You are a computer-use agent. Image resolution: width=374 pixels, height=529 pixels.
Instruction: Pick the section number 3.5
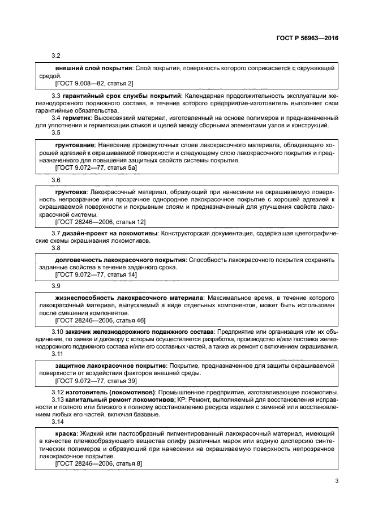click(x=56, y=132)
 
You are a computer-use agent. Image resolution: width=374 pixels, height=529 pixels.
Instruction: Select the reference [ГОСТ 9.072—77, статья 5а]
click(x=96, y=168)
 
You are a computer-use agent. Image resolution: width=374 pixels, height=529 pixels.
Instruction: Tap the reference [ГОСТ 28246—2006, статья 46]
click(x=100, y=320)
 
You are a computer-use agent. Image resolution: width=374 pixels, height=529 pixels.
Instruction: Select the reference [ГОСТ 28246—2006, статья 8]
click(x=98, y=463)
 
